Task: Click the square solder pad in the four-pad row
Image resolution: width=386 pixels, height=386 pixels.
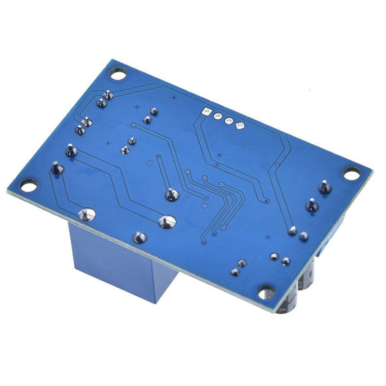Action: (x=207, y=112)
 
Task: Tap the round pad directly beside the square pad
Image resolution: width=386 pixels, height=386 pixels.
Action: (x=218, y=117)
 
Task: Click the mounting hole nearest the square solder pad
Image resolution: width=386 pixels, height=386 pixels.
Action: (x=118, y=73)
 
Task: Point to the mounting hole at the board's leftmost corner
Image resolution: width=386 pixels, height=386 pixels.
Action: (x=28, y=185)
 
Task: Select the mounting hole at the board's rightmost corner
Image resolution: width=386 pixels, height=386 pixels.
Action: (x=352, y=173)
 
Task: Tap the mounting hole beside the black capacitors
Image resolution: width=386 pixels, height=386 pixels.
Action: (x=266, y=291)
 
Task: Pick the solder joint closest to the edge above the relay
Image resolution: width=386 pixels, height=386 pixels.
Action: (x=139, y=237)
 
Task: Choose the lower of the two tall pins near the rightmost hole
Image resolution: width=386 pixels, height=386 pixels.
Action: (x=312, y=206)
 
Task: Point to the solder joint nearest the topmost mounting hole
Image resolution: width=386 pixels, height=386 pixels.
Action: (x=109, y=95)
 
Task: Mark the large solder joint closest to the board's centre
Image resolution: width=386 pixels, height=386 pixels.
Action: (x=172, y=194)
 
